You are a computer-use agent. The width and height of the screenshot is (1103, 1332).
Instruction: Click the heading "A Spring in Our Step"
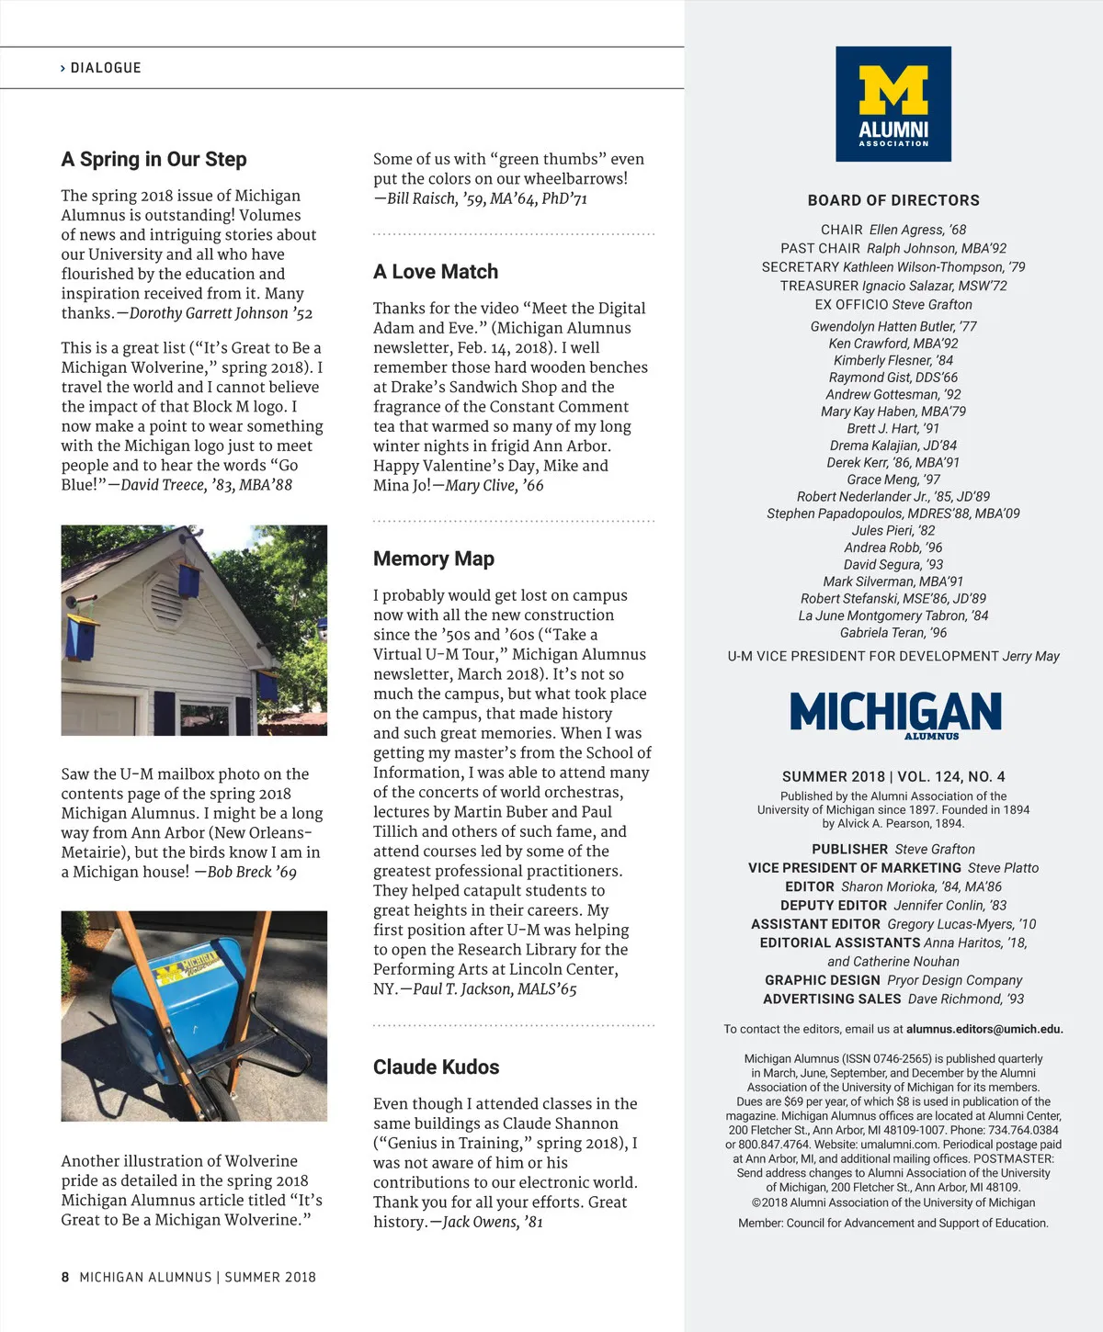click(x=154, y=160)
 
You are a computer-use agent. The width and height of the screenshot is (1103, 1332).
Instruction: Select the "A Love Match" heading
click(x=436, y=272)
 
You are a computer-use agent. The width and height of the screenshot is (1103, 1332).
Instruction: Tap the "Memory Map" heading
click(x=434, y=559)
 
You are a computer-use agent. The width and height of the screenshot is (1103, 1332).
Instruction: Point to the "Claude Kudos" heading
click(x=437, y=1067)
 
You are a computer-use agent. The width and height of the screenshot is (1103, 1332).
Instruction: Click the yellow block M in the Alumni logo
click(x=893, y=90)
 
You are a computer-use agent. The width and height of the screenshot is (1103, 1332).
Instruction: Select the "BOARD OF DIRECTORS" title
click(x=893, y=200)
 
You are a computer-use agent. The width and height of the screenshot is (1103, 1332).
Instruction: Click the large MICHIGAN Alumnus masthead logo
click(x=895, y=713)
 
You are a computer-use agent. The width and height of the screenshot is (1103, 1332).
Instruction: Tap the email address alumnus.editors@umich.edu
click(x=984, y=1030)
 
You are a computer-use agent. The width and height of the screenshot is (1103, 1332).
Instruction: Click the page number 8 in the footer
click(x=65, y=1277)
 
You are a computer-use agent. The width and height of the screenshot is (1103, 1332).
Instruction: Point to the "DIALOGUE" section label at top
click(x=106, y=68)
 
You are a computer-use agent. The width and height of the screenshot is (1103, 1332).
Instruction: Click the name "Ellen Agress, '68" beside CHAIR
click(x=917, y=230)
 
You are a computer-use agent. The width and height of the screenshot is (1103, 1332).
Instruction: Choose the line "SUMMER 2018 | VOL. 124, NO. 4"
click(x=893, y=776)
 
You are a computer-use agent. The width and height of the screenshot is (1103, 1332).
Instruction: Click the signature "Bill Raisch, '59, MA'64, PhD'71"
click(x=487, y=198)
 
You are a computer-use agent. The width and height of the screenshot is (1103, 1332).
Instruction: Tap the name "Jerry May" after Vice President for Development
click(x=1030, y=656)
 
